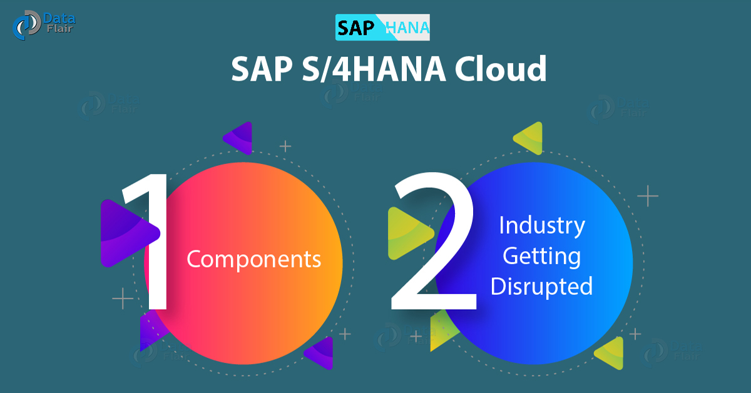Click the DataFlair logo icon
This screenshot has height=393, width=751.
point(27,25)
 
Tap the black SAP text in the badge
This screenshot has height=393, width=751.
point(355,28)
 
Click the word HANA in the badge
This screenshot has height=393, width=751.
point(407,28)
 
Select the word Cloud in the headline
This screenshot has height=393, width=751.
point(501,69)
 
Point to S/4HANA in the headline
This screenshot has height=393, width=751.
point(374,69)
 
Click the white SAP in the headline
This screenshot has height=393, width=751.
point(262,69)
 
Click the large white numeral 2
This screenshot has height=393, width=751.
point(434,241)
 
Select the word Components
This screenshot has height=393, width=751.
point(254,259)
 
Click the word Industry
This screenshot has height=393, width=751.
point(542,226)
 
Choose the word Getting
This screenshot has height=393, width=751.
point(542,256)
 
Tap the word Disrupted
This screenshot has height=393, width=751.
point(542,287)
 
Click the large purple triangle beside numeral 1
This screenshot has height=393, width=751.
point(128,233)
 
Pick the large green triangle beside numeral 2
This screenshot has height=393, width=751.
point(410,233)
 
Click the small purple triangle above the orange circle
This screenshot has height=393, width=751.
point(238,138)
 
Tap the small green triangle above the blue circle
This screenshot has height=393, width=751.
point(528,138)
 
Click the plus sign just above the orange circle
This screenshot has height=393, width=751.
point(285,146)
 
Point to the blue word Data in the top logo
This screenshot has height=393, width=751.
point(59,18)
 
